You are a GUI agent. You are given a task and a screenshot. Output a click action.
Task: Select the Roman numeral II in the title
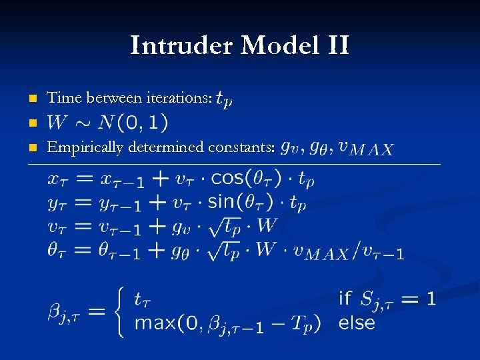coord(337,46)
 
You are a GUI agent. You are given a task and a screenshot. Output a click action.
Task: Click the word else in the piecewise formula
coord(357,324)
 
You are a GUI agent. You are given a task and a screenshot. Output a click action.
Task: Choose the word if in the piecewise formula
coord(345,298)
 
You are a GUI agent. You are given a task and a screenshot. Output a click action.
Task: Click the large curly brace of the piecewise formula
coord(119,311)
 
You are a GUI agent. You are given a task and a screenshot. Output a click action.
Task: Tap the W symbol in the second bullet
coord(57,123)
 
